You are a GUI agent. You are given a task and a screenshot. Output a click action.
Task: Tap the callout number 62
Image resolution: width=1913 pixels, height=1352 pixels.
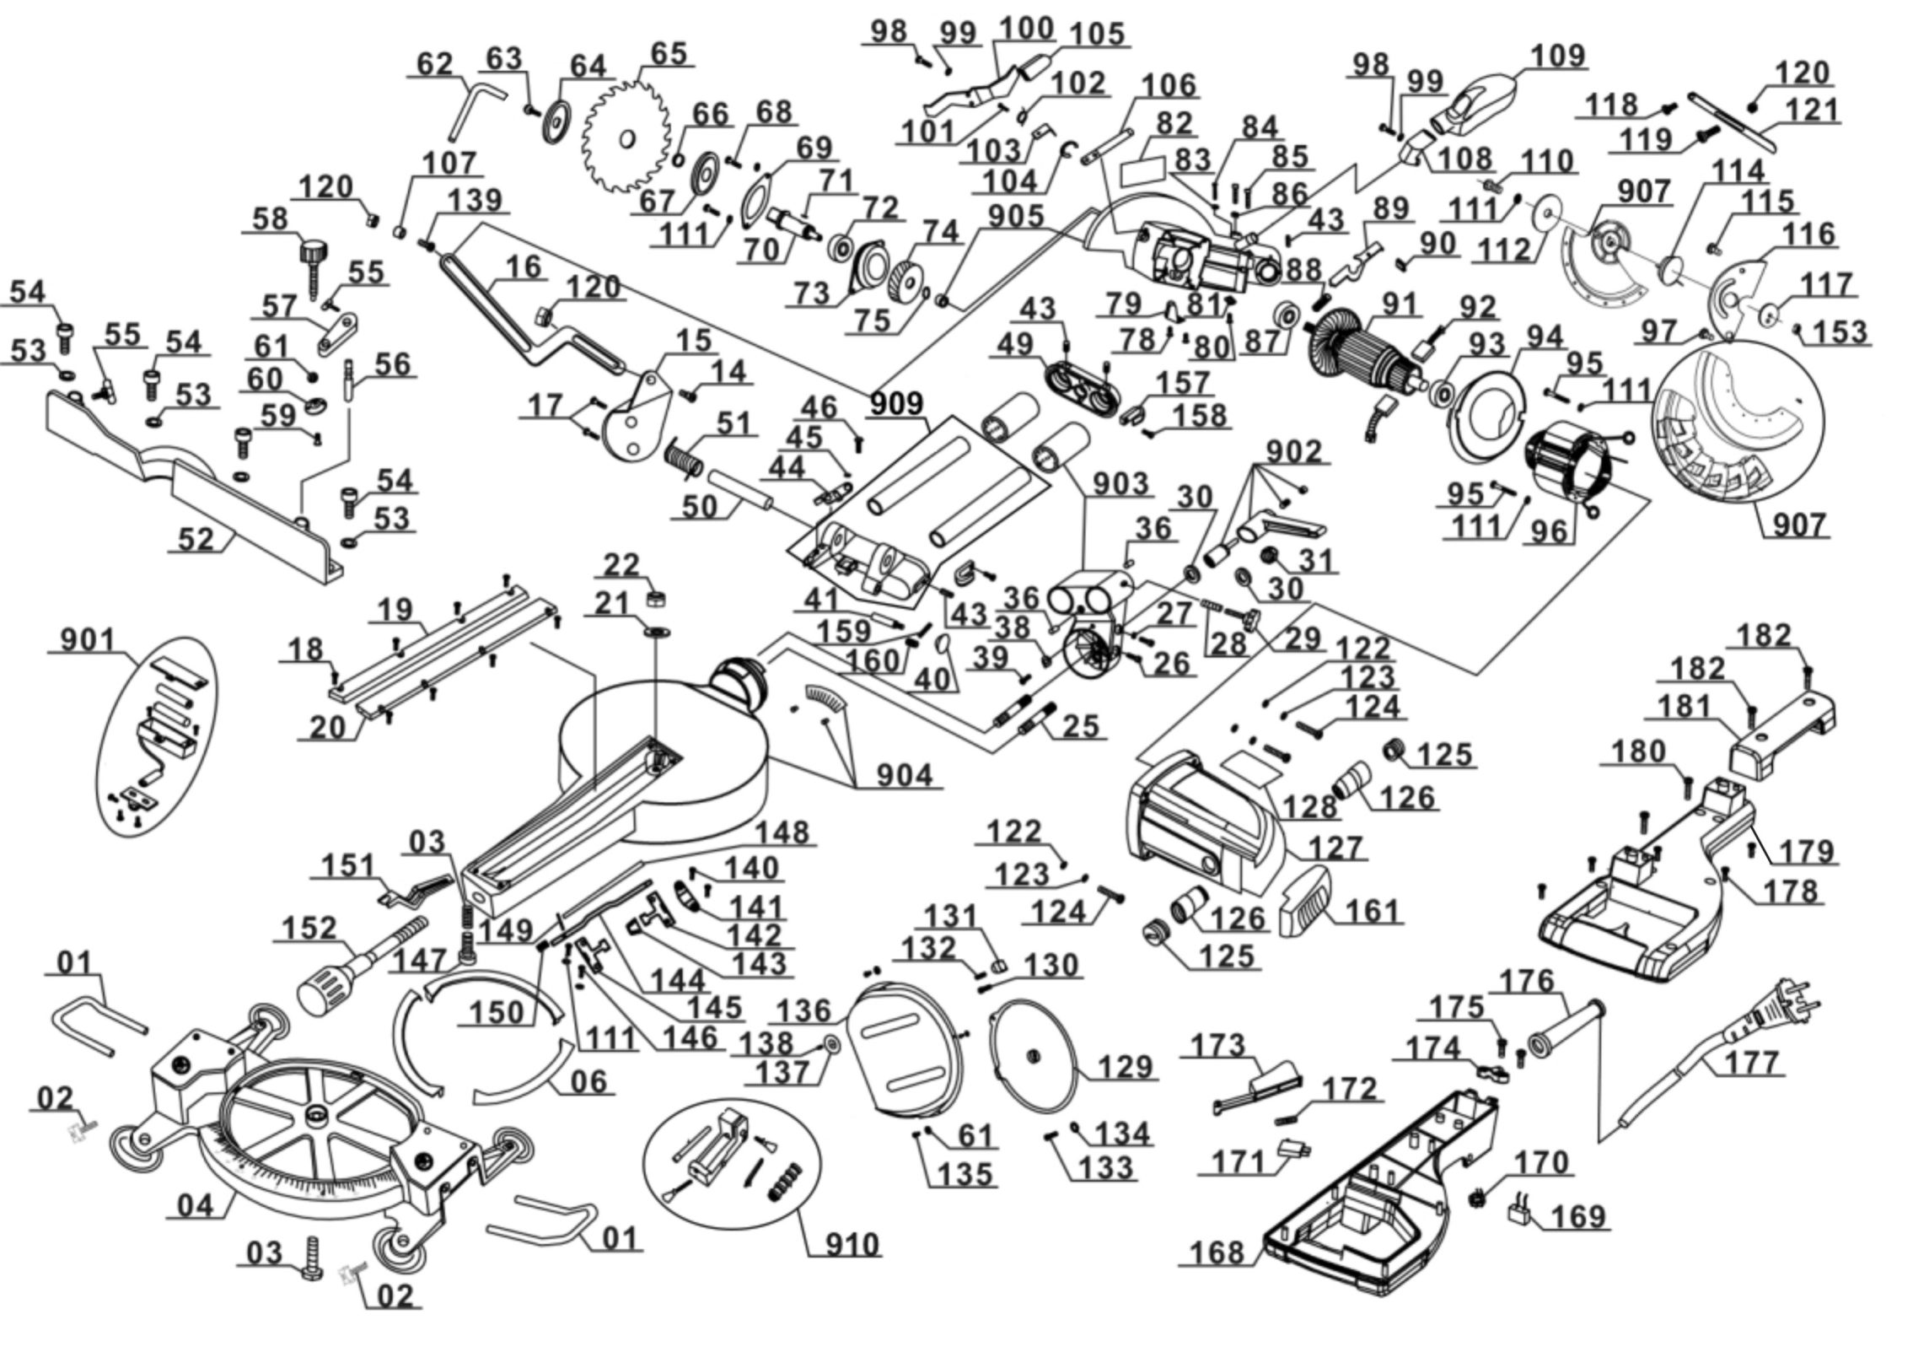click(x=435, y=64)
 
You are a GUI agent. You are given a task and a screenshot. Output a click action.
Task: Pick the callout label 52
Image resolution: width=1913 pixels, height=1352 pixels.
click(x=196, y=539)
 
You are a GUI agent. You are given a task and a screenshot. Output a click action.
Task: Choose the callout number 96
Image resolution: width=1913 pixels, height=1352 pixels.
click(x=1550, y=531)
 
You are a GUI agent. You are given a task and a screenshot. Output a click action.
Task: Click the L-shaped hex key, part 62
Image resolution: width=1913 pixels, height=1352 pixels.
click(x=474, y=112)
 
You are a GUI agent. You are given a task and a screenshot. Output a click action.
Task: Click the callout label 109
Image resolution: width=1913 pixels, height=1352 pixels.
click(x=1558, y=56)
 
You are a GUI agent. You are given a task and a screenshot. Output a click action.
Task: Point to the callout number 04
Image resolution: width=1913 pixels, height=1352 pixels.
click(x=196, y=1205)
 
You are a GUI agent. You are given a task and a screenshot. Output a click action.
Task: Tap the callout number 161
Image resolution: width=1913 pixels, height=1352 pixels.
click(x=1372, y=912)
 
